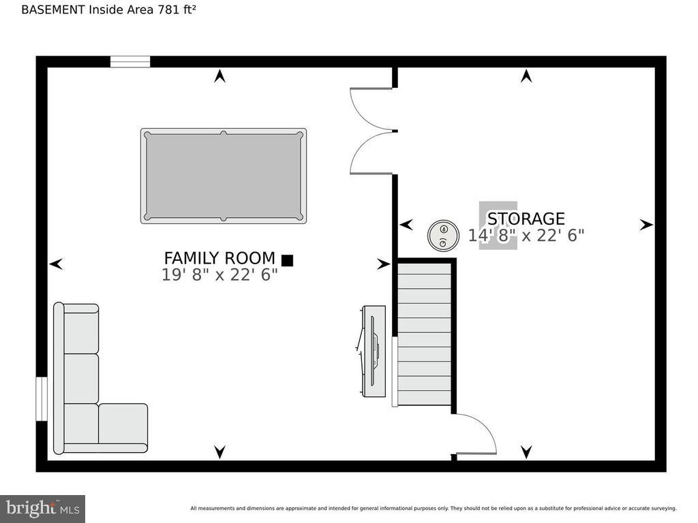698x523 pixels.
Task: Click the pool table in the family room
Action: point(224,176)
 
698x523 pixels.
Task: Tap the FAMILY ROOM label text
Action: point(219,259)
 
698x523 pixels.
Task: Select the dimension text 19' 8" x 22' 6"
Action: point(219,275)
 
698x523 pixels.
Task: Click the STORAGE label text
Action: point(526,219)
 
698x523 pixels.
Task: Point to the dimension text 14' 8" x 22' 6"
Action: point(526,236)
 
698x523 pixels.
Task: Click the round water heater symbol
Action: point(442,236)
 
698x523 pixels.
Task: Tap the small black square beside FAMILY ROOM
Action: point(287,260)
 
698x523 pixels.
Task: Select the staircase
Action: point(424,334)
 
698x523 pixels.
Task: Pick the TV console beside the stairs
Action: point(374,351)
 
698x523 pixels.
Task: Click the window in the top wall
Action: point(130,62)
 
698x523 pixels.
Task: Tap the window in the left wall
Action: point(42,398)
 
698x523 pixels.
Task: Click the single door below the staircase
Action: point(475,436)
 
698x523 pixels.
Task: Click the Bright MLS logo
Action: point(42,508)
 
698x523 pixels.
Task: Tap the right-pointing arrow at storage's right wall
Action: point(646,225)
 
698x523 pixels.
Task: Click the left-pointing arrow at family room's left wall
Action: point(56,264)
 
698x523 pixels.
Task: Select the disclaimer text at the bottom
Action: point(433,508)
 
